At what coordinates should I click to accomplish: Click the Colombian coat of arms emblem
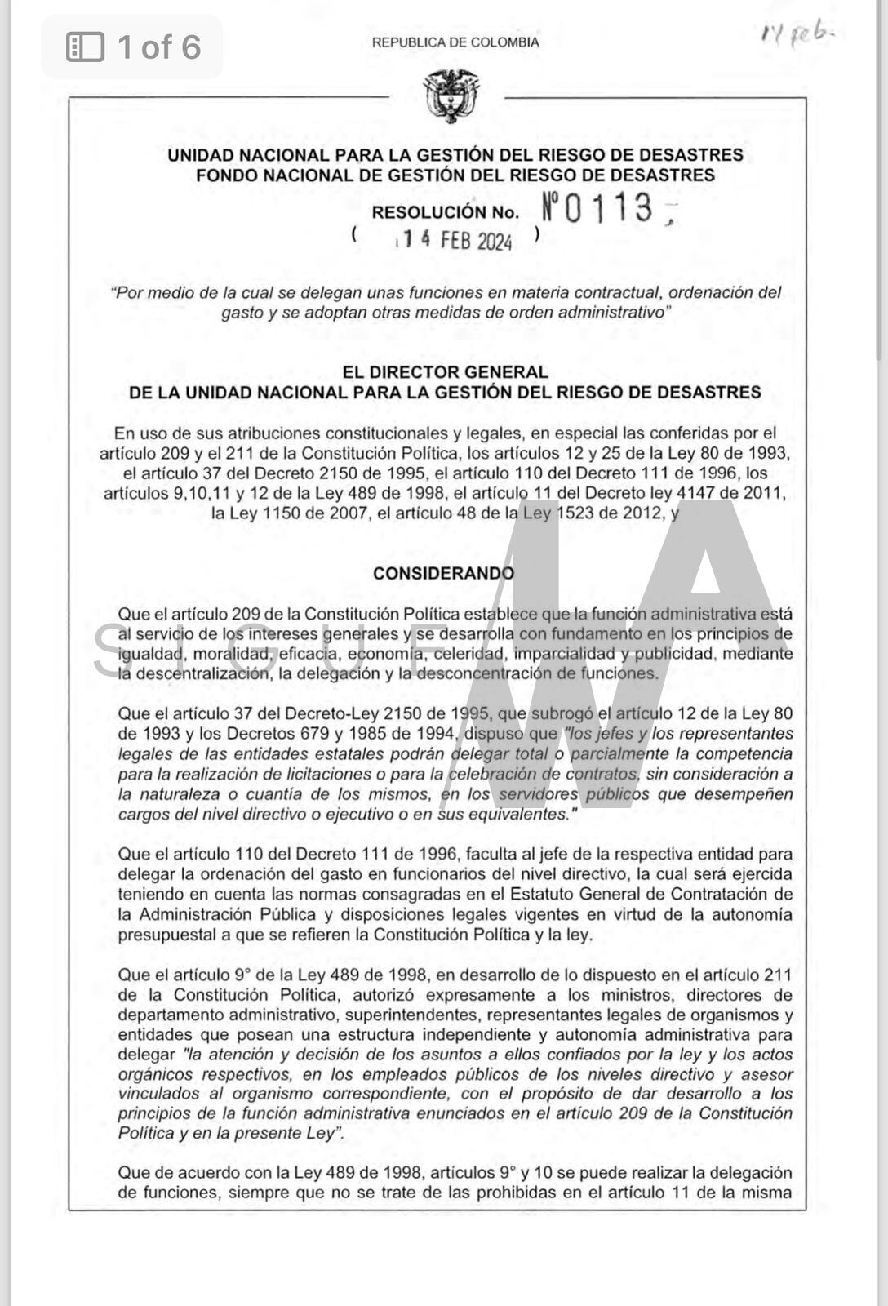pyautogui.click(x=451, y=96)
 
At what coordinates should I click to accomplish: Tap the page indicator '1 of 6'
pyautogui.click(x=158, y=47)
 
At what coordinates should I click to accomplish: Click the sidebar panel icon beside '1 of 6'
pyautogui.click(x=85, y=47)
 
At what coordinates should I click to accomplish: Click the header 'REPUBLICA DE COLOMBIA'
pyautogui.click(x=455, y=42)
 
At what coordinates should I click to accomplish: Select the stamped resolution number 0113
pyautogui.click(x=600, y=208)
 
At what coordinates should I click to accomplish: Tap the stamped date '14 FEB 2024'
pyautogui.click(x=455, y=240)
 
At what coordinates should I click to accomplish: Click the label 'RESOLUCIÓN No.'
pyautogui.click(x=445, y=212)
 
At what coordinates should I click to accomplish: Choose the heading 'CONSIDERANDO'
pyautogui.click(x=443, y=573)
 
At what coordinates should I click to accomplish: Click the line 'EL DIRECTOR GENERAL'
pyautogui.click(x=445, y=372)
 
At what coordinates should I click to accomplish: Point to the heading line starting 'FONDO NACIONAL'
pyautogui.click(x=455, y=175)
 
